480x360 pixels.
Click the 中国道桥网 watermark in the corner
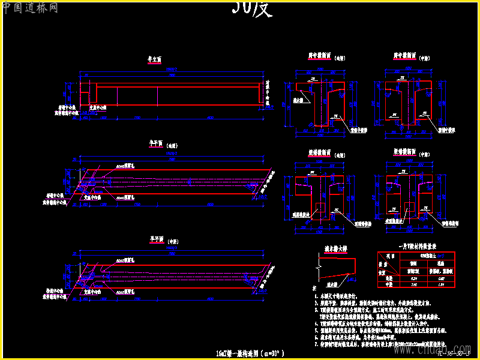[30, 8]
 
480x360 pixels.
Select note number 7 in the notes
[316, 344]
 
